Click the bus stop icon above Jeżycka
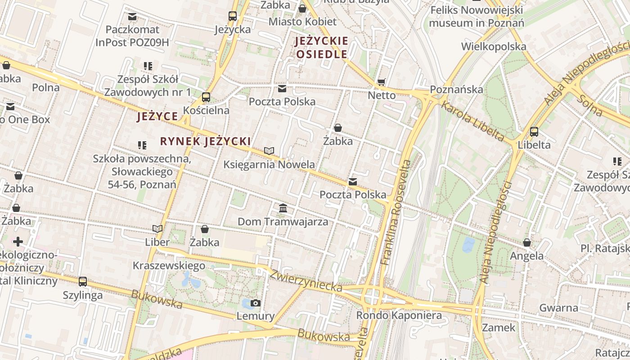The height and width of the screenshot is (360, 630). (232, 16)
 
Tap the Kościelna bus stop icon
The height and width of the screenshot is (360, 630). (206, 97)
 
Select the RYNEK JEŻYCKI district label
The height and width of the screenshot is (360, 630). (205, 141)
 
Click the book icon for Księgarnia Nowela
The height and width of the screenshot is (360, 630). (269, 151)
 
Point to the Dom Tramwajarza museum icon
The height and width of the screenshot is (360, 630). (283, 208)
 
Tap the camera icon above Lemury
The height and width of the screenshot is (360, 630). (256, 303)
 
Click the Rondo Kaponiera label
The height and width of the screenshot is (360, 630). (399, 315)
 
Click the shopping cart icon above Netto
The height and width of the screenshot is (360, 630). (382, 82)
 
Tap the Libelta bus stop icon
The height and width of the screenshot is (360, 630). (534, 132)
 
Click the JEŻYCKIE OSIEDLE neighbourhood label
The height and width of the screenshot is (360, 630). (321, 48)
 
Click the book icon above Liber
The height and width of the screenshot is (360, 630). (157, 229)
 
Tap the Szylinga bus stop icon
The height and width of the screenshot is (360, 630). (83, 282)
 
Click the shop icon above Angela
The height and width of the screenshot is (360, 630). (527, 243)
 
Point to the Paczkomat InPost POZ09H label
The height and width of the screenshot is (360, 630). (132, 36)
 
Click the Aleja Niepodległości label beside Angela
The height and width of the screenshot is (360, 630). (496, 232)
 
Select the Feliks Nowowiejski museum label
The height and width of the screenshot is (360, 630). (476, 16)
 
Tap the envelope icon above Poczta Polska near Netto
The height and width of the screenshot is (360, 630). (282, 88)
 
